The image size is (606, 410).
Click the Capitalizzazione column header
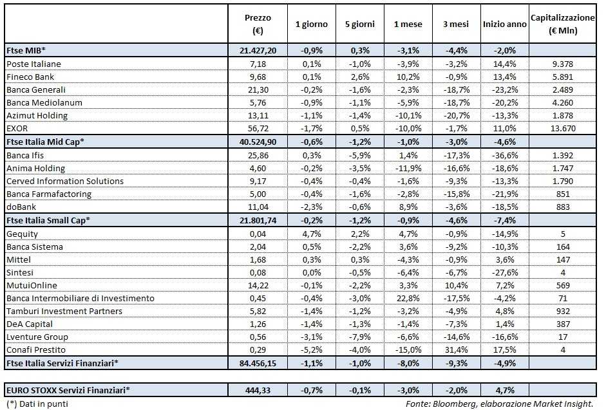pos(562,24)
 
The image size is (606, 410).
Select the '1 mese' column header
pos(408,24)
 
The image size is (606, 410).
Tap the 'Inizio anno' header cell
pos(504,24)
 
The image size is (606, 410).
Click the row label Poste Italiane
pos(33,64)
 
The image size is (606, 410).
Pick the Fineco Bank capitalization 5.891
pos(562,77)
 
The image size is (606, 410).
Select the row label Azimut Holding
pos(37,115)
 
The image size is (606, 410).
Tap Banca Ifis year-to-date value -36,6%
pos(504,155)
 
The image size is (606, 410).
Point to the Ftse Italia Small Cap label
pos(48,220)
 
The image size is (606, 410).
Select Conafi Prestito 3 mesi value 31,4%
pos(456,349)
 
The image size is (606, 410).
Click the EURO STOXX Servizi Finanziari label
pos(68,389)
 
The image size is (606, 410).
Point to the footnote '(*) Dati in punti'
pos(37,404)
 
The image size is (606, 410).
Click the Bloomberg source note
pos(499,404)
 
